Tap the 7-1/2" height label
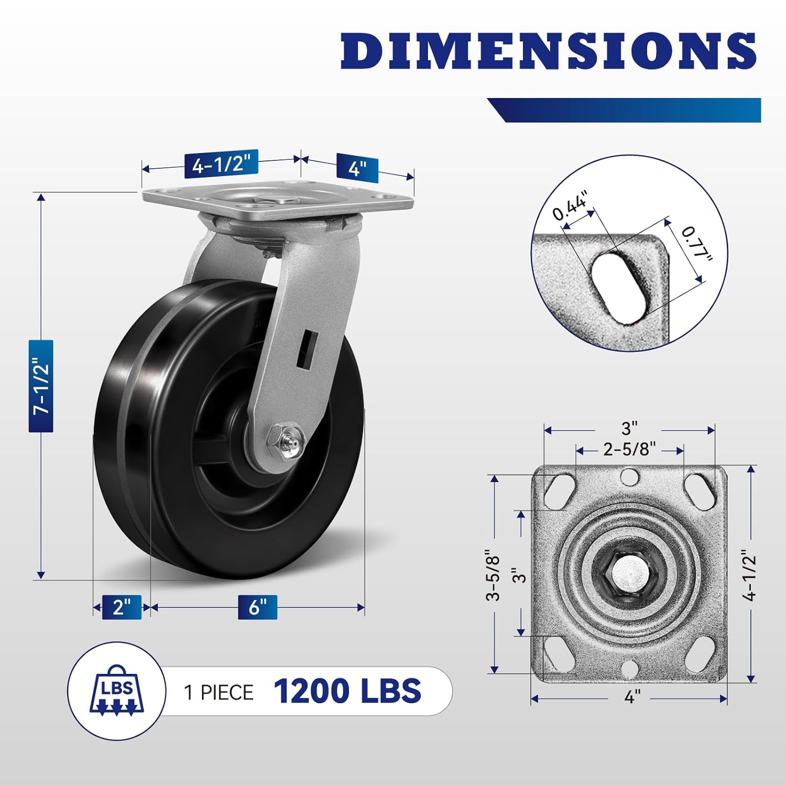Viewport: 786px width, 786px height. [x=41, y=386]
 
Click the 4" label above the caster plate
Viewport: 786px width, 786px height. [x=357, y=168]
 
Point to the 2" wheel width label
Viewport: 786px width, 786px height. [x=122, y=607]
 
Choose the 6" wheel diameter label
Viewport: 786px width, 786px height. [x=257, y=607]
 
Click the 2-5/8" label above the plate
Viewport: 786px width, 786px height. [x=629, y=450]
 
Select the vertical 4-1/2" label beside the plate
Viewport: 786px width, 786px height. [x=750, y=575]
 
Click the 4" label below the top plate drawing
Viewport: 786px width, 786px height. [x=632, y=697]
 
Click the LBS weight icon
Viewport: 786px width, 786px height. [x=117, y=691]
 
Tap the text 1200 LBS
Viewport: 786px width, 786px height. [x=347, y=691]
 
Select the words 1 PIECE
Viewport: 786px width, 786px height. [x=219, y=692]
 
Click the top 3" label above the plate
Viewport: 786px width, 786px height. [x=629, y=428]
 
